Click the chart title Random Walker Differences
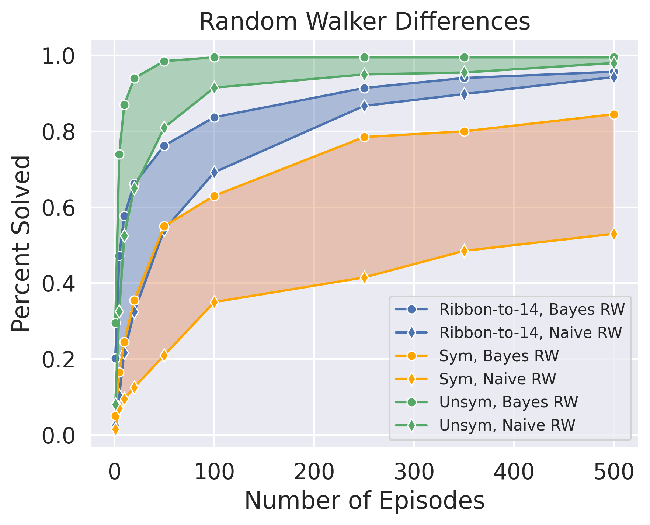[x=364, y=22]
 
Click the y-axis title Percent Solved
[x=21, y=243]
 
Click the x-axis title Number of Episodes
[x=364, y=501]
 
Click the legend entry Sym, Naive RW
[x=497, y=379]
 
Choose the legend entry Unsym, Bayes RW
[x=508, y=402]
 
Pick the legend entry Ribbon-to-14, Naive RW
[x=531, y=332]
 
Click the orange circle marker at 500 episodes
[x=613, y=114]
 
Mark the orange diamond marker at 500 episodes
[x=613, y=234]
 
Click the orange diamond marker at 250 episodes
[x=364, y=277]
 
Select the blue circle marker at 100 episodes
[x=215, y=118]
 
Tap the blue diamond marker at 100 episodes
[x=215, y=172]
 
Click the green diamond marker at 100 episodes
[x=215, y=88]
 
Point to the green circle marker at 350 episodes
[x=464, y=57]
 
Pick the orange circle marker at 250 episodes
[x=364, y=137]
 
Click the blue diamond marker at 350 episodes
[x=464, y=94]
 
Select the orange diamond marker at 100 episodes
[x=215, y=302]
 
